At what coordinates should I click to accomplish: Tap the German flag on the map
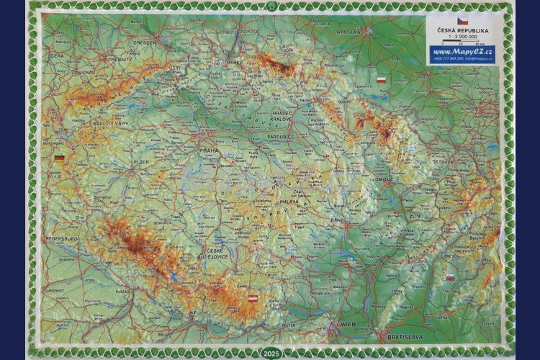tap(59, 158)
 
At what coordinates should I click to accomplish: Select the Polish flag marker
tap(382, 80)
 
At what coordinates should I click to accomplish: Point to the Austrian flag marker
tap(253, 297)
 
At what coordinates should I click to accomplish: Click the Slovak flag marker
tap(450, 276)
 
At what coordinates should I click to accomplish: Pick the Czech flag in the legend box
tap(462, 22)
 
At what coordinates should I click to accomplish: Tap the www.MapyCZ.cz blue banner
tap(462, 52)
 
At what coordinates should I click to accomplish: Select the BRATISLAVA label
tap(405, 336)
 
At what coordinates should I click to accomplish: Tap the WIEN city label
tap(348, 324)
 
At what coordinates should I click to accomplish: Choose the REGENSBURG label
tap(61, 238)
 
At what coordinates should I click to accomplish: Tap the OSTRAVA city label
tap(441, 162)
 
